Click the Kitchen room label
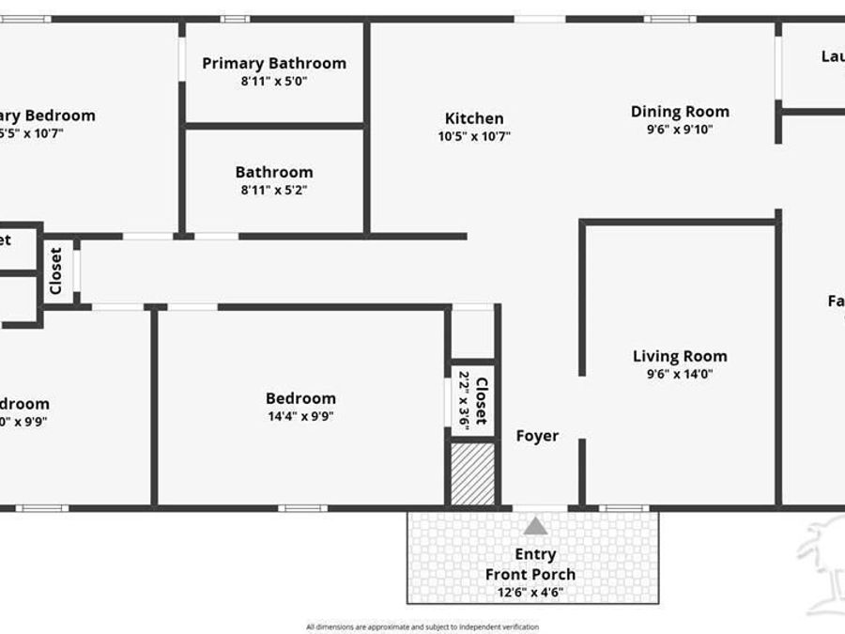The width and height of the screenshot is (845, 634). coord(474,118)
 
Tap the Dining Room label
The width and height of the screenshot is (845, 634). coord(680,112)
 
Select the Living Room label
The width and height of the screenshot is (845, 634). coord(680,356)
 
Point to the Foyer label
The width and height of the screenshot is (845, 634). coord(537,436)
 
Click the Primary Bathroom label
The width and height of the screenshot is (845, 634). coord(274,63)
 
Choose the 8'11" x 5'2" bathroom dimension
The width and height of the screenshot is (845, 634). coord(274,190)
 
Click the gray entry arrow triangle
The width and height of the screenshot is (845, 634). coord(535,525)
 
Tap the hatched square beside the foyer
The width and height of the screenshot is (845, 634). coord(473,474)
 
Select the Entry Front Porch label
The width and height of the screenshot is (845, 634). coord(530,564)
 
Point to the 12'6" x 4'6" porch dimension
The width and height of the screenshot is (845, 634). coord(530,593)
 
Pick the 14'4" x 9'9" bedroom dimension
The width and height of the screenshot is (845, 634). coord(300,416)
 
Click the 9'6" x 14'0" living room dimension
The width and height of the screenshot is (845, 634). coord(680,374)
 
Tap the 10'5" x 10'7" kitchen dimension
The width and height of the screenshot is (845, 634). coord(474,136)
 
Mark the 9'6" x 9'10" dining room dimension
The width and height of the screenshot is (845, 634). coord(680,130)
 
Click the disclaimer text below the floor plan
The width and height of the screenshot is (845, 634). coord(422,626)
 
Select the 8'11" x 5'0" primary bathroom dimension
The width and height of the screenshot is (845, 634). coord(274,81)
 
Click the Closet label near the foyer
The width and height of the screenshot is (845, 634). coord(482,400)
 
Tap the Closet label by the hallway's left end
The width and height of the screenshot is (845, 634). coord(55,271)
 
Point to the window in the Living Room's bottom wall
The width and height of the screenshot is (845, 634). coord(623,508)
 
